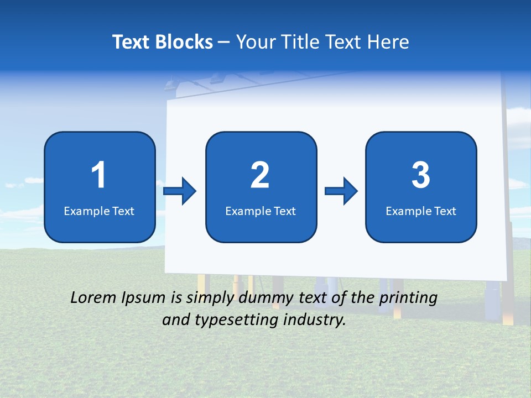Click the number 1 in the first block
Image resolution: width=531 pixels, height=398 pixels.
99,175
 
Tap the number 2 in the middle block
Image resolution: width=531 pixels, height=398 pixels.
260,175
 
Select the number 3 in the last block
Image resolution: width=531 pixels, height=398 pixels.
421,175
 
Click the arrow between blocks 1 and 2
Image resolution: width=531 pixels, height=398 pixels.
180,191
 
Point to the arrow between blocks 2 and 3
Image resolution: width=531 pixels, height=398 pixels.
341,191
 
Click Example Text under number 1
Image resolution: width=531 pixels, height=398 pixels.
99,211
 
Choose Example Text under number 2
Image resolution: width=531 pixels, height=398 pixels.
261,211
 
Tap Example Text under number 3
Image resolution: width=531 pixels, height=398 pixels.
421,211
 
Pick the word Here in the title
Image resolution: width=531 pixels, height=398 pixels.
388,42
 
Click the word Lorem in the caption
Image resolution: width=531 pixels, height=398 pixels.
93,298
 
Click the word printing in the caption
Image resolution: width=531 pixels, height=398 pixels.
409,298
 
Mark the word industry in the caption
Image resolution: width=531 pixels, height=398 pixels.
314,320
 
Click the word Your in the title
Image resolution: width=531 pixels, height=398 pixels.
256,42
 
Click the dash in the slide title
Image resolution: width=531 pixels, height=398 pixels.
224,42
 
